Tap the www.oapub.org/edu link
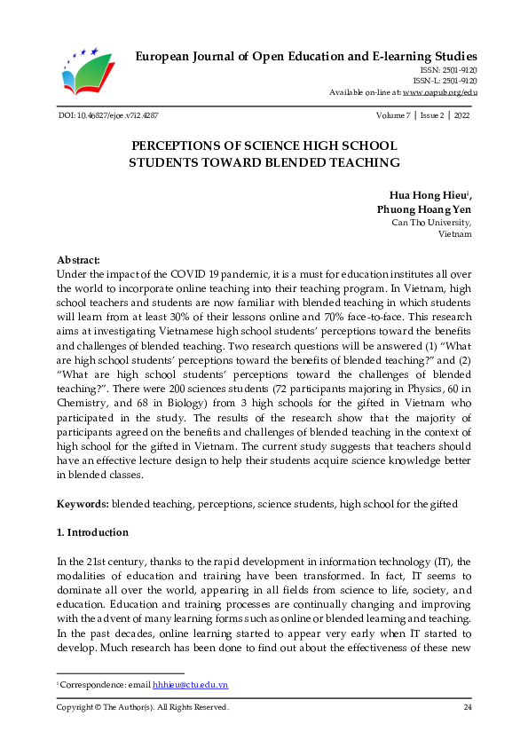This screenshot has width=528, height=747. tap(440, 92)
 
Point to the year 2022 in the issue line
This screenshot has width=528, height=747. tap(461, 116)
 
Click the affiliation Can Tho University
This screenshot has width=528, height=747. tap(431, 223)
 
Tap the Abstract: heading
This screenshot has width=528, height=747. tap(79, 260)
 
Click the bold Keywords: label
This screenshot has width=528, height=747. tap(83, 503)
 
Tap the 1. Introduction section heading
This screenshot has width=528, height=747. tap(93, 532)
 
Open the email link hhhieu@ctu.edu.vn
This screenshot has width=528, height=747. tap(191, 686)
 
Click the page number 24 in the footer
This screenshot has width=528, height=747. tap(467, 707)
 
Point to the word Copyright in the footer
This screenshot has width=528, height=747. tap(77, 707)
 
